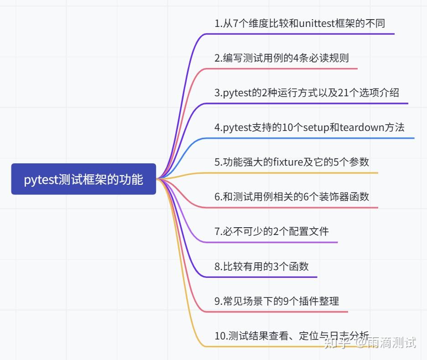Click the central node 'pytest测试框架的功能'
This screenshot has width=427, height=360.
[83, 179]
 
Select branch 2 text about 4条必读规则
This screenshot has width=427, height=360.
[281, 58]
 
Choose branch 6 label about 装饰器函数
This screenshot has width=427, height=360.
[292, 197]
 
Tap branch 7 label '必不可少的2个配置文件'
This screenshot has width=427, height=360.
[271, 231]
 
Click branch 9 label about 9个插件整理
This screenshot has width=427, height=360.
[276, 301]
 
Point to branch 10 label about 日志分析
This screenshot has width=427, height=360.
[292, 336]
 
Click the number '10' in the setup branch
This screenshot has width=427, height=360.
[288, 127]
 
